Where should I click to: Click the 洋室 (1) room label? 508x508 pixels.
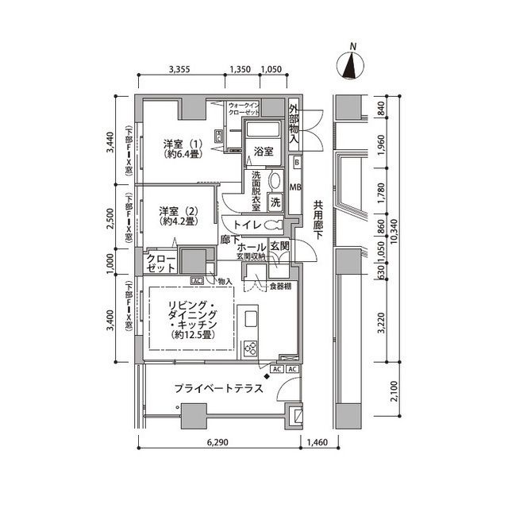click(x=182, y=149)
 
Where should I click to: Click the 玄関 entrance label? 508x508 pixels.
click(x=279, y=248)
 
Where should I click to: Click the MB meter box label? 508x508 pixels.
click(x=296, y=188)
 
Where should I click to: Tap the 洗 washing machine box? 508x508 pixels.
click(x=276, y=202)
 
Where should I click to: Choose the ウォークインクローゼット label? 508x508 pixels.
click(x=243, y=110)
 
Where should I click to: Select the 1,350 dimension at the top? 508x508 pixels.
click(x=241, y=70)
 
